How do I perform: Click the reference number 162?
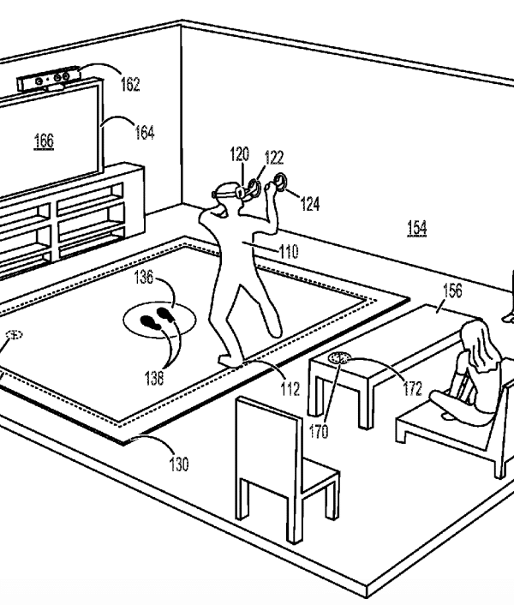pyautogui.click(x=130, y=84)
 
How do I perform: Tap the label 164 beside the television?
pyautogui.click(x=144, y=132)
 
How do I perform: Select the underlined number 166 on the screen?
pyautogui.click(x=44, y=141)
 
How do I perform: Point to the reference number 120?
pyautogui.click(x=240, y=154)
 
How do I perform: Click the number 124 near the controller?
pyautogui.click(x=310, y=203)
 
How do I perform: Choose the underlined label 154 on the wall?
pyautogui.click(x=417, y=228)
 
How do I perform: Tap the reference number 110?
pyautogui.click(x=289, y=252)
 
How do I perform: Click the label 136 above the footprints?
pyautogui.click(x=143, y=277)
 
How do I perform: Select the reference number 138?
pyautogui.click(x=154, y=378)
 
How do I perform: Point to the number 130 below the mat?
pyautogui.click(x=179, y=464)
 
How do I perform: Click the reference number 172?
pyautogui.click(x=413, y=388)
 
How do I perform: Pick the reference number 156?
pyautogui.click(x=452, y=291)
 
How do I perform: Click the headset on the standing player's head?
pyautogui.click(x=227, y=190)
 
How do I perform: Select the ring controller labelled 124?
pyautogui.click(x=280, y=182)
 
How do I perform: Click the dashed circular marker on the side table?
pyautogui.click(x=338, y=358)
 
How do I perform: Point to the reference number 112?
pyautogui.click(x=290, y=389)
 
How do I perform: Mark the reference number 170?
pyautogui.click(x=319, y=431)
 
